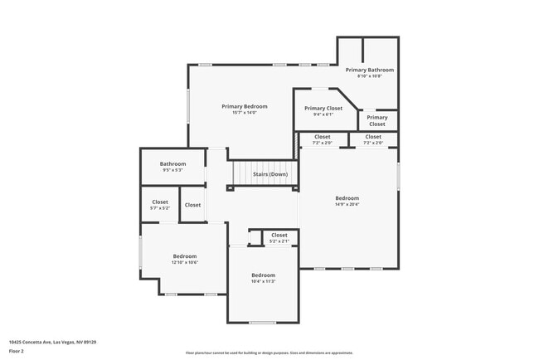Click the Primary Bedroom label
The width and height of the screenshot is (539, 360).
pos(244,106)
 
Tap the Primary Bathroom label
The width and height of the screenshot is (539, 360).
pos(369,70)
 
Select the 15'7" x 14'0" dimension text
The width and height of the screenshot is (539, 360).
pos(244,113)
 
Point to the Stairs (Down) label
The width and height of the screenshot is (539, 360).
pos(270,174)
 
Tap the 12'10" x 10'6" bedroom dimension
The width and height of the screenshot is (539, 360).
pos(184,262)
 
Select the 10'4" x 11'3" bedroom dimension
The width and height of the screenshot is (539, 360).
pos(263,281)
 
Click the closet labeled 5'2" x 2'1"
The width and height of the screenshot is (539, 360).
pos(279,238)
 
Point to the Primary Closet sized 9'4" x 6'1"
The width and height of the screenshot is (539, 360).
pos(323,111)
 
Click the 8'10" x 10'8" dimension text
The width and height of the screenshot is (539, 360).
pos(369,76)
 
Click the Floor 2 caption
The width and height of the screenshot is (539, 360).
pos(17,350)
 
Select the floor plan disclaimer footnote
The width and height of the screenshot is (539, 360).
pos(269,353)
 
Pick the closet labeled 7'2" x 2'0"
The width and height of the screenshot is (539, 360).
pos(322,139)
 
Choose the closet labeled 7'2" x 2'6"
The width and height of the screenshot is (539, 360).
pos(373,139)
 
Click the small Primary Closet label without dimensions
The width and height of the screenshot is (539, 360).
pos(377,121)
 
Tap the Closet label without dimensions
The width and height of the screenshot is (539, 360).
pos(192,204)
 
